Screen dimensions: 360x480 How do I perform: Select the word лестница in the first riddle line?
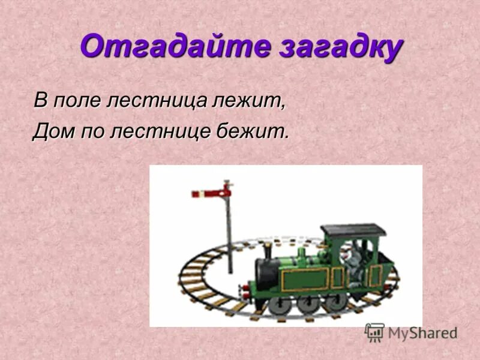[157, 100]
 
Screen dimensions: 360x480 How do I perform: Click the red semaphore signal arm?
[208, 193]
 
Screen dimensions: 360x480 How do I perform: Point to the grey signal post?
[229, 234]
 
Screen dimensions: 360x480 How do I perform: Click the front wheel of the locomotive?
[277, 305]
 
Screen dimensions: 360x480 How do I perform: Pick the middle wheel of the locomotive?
[307, 304]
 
